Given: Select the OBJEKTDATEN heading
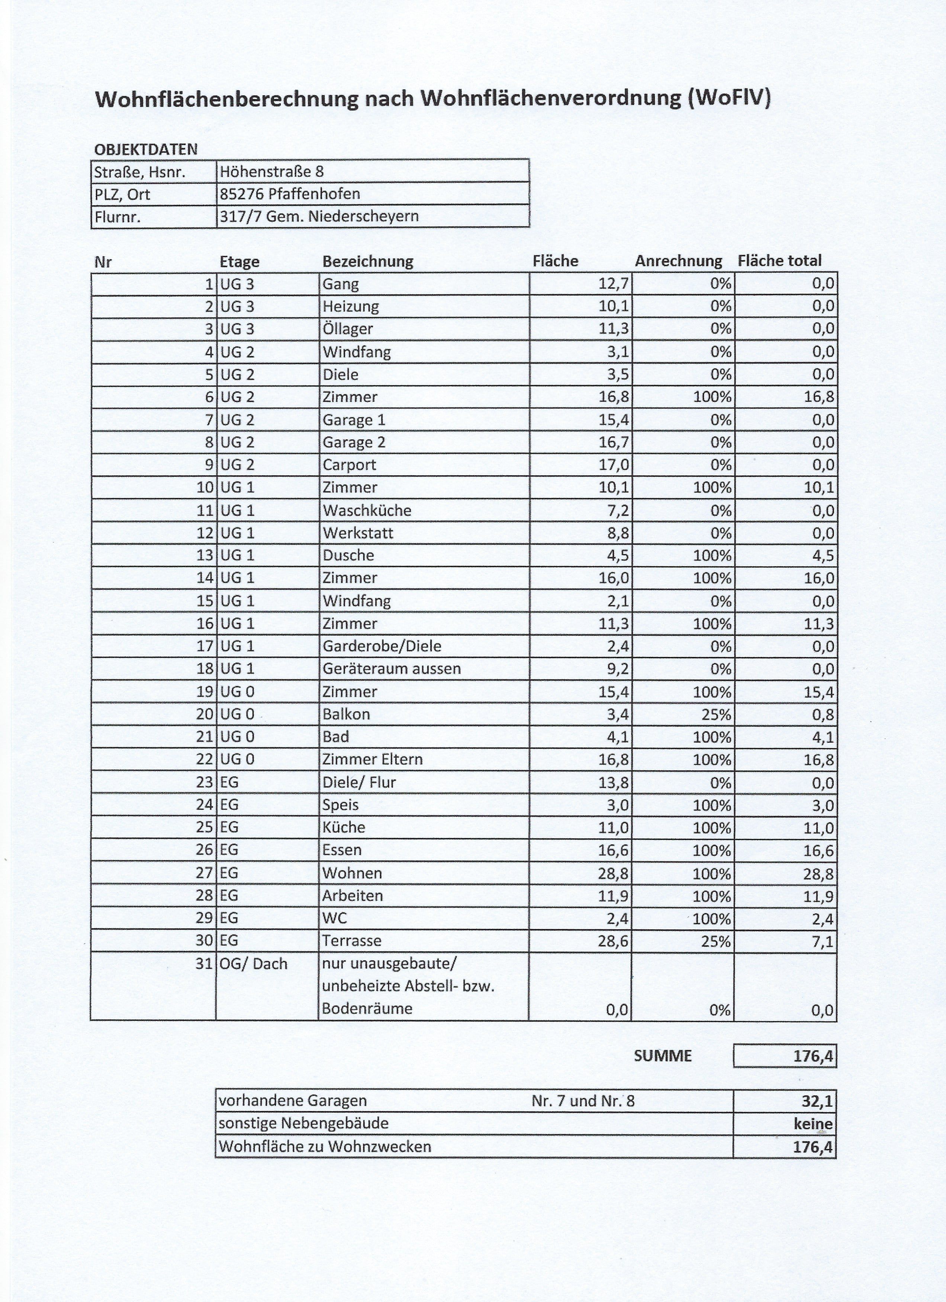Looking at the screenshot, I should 145,149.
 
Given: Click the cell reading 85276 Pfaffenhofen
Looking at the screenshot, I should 290,194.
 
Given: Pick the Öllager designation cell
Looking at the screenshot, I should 347,329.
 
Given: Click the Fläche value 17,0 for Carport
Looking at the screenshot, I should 614,464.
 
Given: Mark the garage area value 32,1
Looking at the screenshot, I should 817,1101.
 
